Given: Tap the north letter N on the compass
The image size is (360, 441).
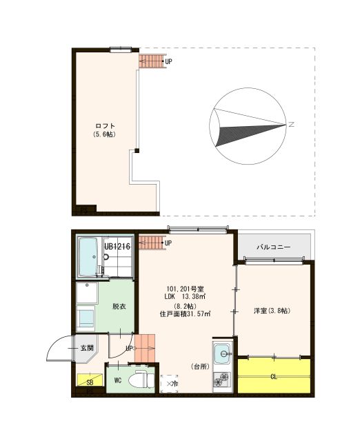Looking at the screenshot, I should pos(292,125).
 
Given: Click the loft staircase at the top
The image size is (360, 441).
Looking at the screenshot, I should pos(152,61).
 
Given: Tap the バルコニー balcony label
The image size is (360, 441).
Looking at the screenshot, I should pos(274,246).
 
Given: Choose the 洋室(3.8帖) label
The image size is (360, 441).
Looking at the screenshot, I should pos(270,311).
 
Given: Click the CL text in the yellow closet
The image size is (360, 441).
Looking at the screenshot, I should pos(274,376).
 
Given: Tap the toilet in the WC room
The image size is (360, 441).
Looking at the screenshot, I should pos(141,379).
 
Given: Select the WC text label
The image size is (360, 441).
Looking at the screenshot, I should pos(118,380).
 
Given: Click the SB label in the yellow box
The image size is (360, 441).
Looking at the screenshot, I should pos(90,382).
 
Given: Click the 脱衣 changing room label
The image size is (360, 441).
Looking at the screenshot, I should pos(119,306).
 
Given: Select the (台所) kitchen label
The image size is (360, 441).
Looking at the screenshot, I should pos(201,366).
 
